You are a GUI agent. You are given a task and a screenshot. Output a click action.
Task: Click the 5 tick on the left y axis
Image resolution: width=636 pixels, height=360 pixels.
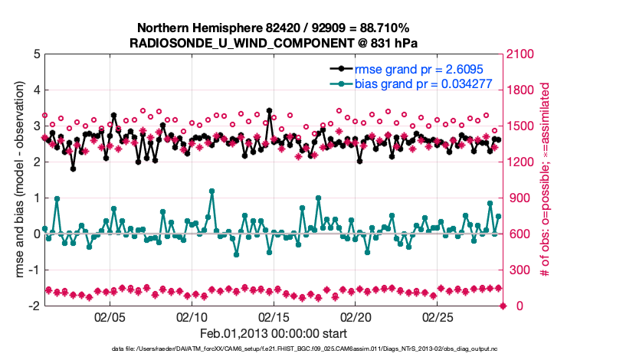click(35, 55)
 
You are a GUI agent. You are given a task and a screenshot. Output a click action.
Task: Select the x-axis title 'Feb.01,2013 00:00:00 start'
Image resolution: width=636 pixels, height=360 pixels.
click(274, 334)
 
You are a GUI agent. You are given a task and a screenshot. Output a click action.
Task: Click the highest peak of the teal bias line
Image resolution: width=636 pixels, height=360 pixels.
click(211, 191)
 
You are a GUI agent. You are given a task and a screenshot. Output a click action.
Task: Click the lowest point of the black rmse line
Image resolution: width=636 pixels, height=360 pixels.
click(74, 169)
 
